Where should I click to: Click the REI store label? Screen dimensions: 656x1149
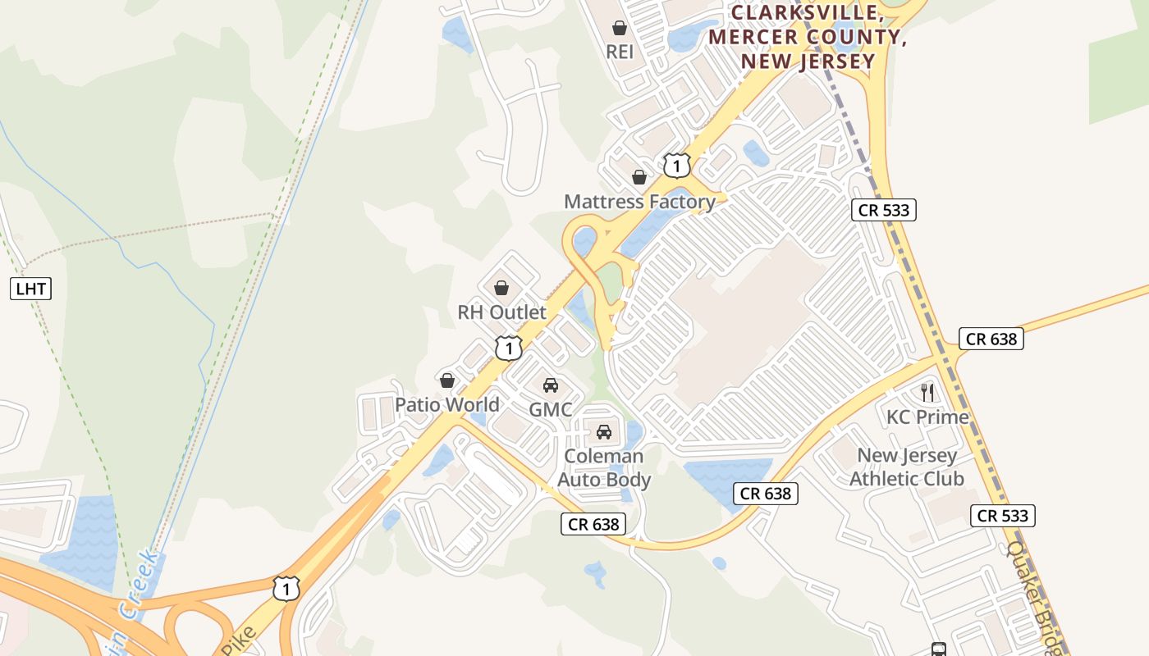pos(620,52)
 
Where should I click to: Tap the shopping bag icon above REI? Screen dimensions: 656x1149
pos(620,28)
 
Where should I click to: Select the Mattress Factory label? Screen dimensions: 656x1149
pos(639,201)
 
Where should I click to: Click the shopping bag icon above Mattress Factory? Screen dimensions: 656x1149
pos(639,177)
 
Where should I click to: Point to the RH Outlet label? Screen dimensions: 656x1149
pos(501,312)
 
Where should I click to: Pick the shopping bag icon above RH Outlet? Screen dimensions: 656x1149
pos(501,288)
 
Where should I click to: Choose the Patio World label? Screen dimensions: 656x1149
pos(447,404)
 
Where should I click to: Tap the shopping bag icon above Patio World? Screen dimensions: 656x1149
pos(447,380)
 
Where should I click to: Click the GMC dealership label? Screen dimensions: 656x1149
pos(550,409)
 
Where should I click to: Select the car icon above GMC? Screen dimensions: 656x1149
pos(550,385)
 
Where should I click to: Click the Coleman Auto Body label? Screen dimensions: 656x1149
pos(605,467)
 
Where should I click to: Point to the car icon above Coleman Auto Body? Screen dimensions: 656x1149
pos(604,432)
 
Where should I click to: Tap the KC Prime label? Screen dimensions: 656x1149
pos(927,417)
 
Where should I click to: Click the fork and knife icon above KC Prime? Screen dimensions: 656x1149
pos(927,393)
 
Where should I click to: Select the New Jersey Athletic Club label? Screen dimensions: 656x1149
pos(907,467)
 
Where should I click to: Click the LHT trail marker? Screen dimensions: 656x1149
pos(31,288)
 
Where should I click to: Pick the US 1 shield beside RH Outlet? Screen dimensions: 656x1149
pos(509,348)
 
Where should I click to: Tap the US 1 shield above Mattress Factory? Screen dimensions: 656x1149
pos(676,166)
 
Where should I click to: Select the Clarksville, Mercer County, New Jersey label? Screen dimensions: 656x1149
pos(807,37)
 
